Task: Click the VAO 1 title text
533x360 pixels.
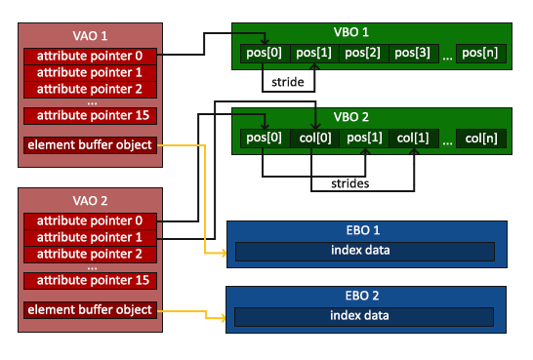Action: tap(90, 36)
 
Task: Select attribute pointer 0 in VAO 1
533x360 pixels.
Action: tap(90, 56)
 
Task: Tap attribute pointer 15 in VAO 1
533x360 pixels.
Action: tap(90, 116)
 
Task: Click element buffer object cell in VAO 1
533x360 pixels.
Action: tap(90, 145)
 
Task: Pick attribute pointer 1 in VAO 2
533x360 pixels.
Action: tap(90, 238)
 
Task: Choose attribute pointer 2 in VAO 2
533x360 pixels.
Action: tap(90, 255)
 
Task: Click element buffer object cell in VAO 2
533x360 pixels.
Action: tap(90, 310)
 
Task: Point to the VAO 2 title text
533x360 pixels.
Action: tap(90, 201)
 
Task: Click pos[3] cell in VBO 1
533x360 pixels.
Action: tap(413, 54)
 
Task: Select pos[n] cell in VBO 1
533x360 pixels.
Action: tap(481, 54)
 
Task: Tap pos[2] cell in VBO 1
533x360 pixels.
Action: tap(364, 54)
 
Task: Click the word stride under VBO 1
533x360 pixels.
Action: tap(288, 82)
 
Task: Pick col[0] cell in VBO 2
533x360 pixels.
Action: tap(314, 139)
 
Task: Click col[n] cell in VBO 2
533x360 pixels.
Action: tap(481, 139)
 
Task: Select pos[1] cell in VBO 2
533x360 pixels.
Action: tap(364, 139)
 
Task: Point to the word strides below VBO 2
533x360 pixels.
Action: tap(350, 183)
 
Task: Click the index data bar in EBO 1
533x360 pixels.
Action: tap(365, 252)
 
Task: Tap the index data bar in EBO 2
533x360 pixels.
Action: tap(364, 317)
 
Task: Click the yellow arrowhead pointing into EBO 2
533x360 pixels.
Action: tap(223, 318)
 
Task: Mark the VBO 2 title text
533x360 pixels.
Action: tap(351, 117)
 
